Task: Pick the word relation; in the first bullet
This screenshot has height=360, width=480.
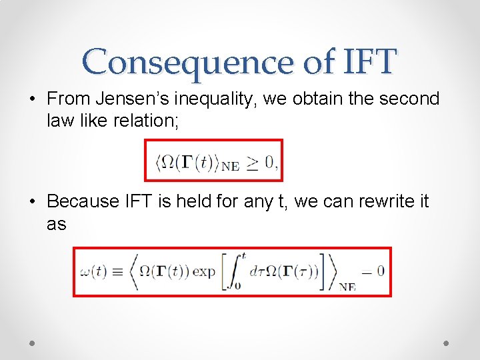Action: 147,122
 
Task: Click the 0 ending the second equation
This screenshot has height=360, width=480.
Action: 380,271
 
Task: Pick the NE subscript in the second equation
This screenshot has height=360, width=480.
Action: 347,287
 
